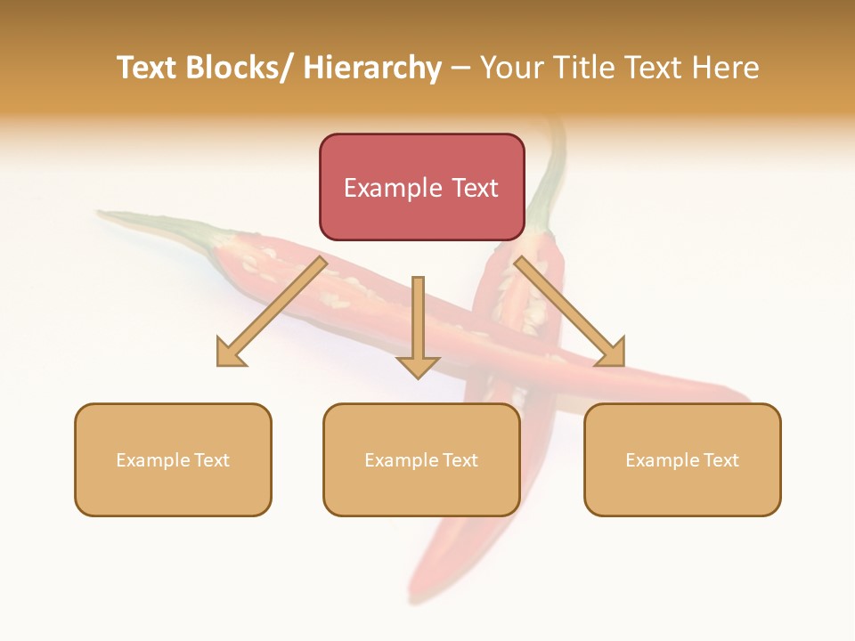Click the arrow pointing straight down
(418, 325)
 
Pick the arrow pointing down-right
(567, 310)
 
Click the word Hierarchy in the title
(372, 68)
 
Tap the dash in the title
(460, 68)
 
